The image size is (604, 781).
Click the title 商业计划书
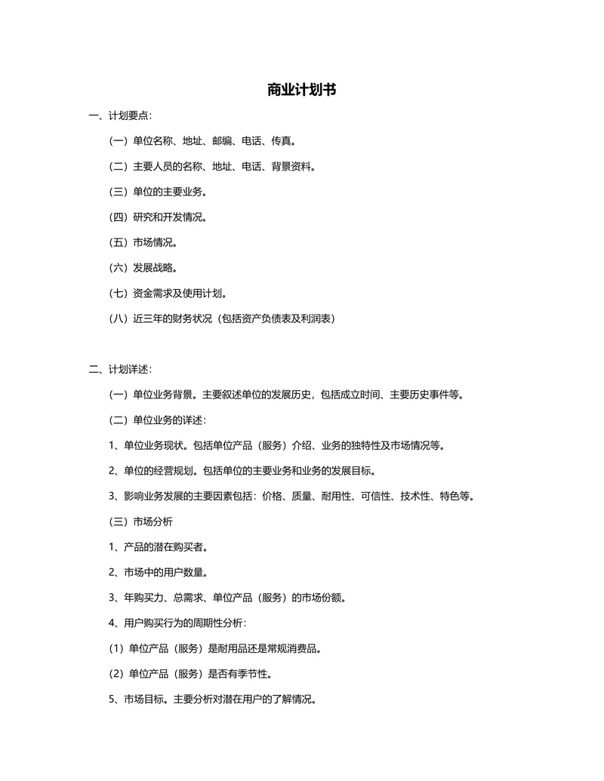tap(301, 90)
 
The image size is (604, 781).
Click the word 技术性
tap(414, 496)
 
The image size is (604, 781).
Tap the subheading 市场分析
tap(153, 521)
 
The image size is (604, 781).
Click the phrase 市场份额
tap(323, 598)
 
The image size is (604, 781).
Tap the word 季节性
tap(253, 673)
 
